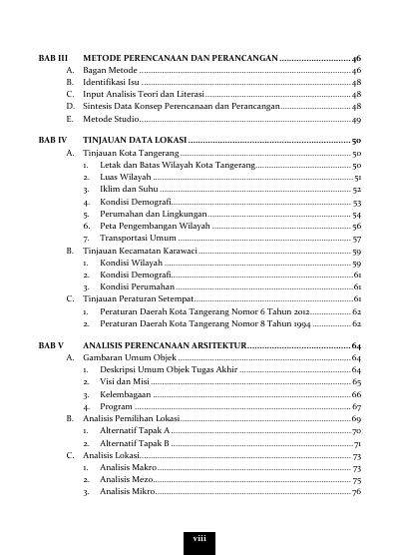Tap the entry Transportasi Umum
pos(138,240)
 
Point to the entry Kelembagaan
pos(125,395)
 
